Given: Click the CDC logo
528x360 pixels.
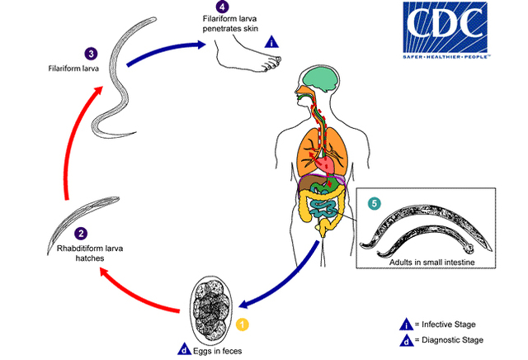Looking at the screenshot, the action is tap(445, 30).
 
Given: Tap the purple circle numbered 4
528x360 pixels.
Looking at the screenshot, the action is tap(222, 7).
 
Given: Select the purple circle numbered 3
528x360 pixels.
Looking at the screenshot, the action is tap(91, 54).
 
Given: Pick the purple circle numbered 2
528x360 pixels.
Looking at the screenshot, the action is tap(81, 234).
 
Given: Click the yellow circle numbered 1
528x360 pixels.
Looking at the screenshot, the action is tap(242, 324).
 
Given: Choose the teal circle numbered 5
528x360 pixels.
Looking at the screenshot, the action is tap(374, 204).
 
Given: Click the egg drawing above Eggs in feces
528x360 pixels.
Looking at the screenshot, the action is tap(211, 309).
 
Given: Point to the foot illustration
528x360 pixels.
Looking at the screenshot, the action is tap(248, 54).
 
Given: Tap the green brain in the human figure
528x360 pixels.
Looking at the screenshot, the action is tap(320, 79).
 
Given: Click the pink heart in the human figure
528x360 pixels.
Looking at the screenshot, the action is tap(324, 163).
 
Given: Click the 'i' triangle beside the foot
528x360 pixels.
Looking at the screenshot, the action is tap(271, 42).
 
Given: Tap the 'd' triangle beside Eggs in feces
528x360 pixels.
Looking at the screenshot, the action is tap(184, 349).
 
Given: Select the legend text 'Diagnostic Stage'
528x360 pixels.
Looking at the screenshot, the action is tap(452, 340).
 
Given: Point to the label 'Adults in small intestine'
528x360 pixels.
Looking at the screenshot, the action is tap(432, 262).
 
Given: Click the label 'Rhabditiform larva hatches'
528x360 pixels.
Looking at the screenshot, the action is tap(90, 253).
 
